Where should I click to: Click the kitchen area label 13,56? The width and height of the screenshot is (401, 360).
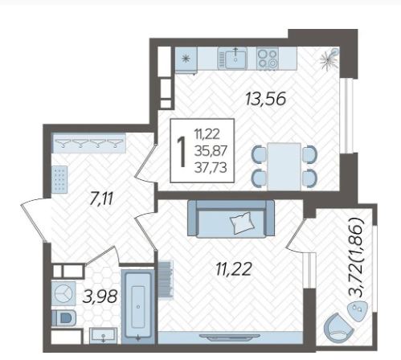(x=265, y=99)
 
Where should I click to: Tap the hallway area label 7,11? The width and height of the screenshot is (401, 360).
(x=102, y=199)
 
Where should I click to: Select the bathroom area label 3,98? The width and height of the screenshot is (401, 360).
(x=100, y=297)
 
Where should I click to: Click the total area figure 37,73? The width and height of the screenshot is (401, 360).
(x=211, y=168)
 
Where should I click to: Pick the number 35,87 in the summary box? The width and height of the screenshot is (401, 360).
(x=211, y=151)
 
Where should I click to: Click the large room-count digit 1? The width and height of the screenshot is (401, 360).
(x=182, y=151)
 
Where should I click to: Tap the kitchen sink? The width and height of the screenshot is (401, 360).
(x=232, y=58)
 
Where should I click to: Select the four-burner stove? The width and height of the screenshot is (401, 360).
(x=268, y=58)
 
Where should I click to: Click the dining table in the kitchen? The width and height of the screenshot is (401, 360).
(x=284, y=166)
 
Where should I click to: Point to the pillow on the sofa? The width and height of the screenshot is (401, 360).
(x=243, y=223)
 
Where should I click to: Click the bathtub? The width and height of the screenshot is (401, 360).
(x=138, y=306)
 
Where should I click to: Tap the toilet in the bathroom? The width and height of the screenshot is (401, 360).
(x=63, y=318)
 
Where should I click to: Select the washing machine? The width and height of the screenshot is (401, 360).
(x=63, y=293)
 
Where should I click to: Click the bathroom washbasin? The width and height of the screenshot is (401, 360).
(x=103, y=335)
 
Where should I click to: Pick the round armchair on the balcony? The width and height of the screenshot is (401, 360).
(x=338, y=329)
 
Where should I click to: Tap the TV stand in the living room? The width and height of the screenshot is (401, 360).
(x=230, y=337)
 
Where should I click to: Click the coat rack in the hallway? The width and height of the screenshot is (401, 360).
(x=89, y=143)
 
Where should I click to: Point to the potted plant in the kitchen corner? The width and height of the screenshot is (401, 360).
(x=329, y=59)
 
